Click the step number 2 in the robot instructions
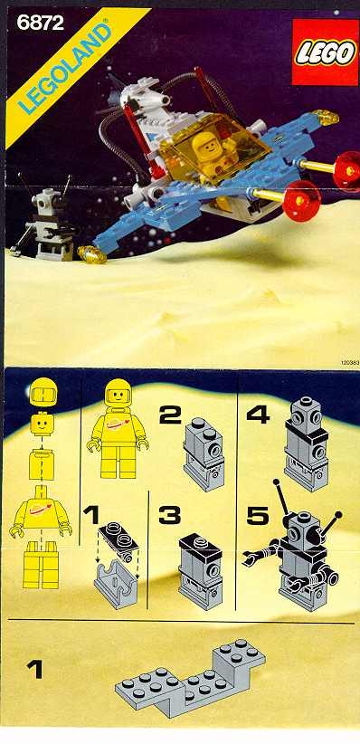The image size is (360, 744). tap(169, 415)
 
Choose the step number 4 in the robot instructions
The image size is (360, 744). tap(258, 415)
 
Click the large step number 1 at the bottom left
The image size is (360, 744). tap(35, 671)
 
